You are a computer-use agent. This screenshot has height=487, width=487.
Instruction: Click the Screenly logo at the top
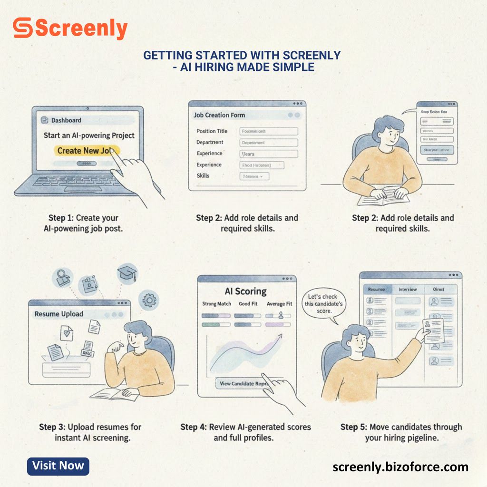[70, 29]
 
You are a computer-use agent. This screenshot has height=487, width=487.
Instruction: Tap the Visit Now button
[58, 466]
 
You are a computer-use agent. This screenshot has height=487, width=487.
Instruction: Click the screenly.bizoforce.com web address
[400, 467]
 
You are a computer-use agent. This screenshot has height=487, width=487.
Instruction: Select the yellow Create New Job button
[86, 151]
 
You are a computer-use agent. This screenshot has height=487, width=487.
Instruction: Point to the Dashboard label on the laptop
[66, 120]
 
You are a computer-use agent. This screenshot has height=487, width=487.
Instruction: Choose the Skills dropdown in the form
[254, 176]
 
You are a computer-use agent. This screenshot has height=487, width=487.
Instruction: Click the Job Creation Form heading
[219, 115]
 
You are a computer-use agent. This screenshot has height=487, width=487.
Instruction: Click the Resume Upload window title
[59, 314]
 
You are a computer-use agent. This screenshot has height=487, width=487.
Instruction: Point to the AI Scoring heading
[245, 291]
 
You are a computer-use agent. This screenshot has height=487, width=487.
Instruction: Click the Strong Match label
[216, 304]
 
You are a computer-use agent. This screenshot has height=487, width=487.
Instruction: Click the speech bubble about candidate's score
[323, 304]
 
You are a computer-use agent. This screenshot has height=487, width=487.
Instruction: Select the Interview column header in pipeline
[408, 289]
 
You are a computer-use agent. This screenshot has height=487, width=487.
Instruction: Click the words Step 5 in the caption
[352, 427]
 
